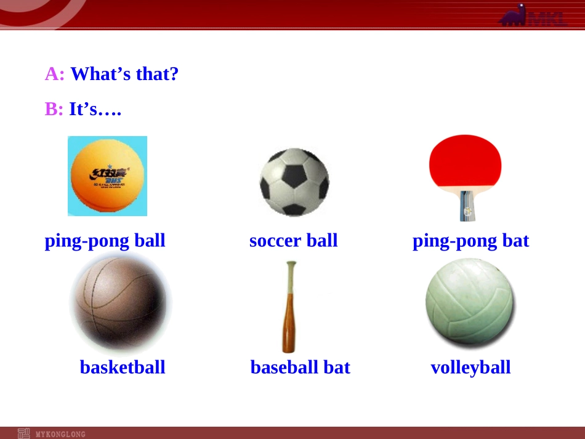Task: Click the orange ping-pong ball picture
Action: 107,176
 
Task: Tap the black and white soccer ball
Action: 294,182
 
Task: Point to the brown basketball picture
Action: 121,302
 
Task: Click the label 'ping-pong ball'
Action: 105,241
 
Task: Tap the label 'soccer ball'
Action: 293,241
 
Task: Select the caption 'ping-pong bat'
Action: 470,241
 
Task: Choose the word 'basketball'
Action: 123,368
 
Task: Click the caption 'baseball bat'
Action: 300,368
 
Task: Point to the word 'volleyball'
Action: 470,368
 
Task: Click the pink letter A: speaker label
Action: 55,75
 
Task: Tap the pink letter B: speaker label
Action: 54,110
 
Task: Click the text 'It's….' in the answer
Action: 95,110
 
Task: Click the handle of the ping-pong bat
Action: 466,207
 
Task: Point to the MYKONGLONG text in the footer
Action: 60,434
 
